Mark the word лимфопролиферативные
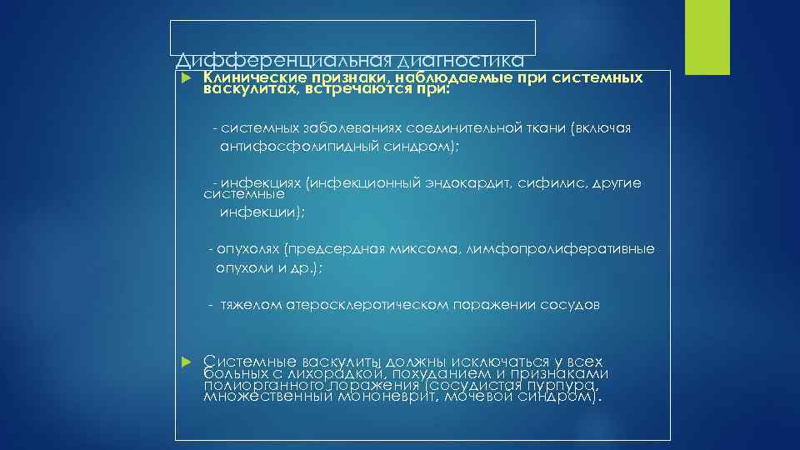click(x=562, y=249)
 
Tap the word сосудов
click(x=571, y=305)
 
